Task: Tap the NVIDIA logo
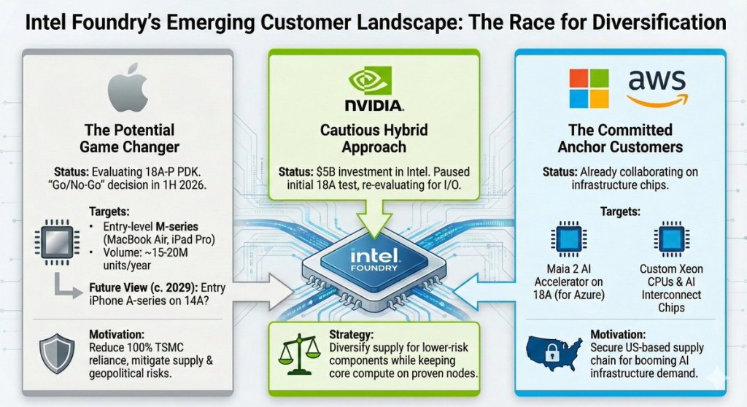tap(373, 89)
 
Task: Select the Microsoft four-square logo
tap(588, 88)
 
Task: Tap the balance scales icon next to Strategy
tap(299, 352)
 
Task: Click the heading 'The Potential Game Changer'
tap(130, 139)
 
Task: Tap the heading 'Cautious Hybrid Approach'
tap(373, 139)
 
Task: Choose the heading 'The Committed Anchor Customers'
tap(619, 139)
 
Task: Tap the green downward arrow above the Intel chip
tap(373, 220)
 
